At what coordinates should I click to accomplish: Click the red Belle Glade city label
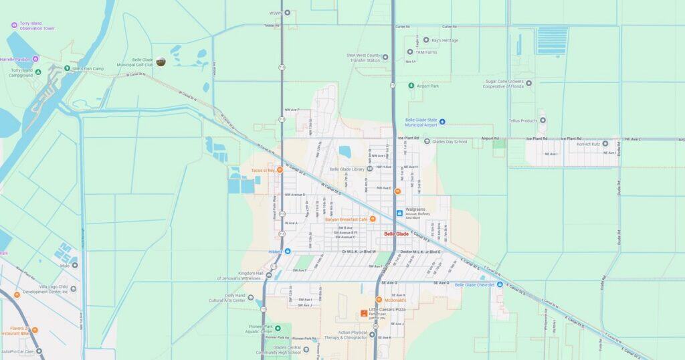coord(396,234)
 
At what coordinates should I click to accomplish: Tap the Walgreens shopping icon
coord(399,213)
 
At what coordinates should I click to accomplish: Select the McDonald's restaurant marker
coord(379,300)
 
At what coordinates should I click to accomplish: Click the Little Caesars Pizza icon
coord(364,312)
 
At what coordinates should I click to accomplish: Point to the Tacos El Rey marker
coord(280,170)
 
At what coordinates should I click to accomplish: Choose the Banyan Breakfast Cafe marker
coord(373,219)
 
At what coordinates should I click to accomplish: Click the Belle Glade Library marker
coord(369,169)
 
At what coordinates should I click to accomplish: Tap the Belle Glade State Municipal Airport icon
coord(442,121)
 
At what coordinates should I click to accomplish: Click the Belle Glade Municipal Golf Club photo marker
coord(161,62)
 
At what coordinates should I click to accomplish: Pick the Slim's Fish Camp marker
coord(67,68)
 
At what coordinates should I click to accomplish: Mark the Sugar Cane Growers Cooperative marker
coord(528,83)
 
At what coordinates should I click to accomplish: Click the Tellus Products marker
coord(543,120)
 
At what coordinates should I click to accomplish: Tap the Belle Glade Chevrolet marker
coord(499,284)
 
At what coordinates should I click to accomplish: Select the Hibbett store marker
coord(288,251)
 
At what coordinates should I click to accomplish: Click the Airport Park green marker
coord(411,86)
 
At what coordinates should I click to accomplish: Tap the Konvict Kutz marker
coord(605,143)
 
